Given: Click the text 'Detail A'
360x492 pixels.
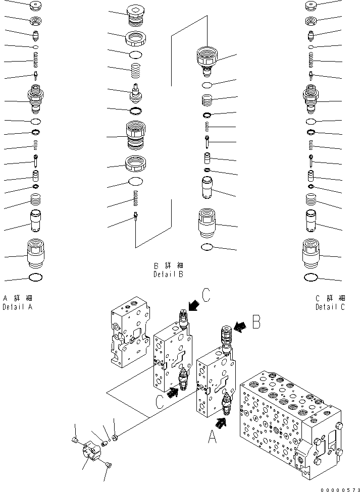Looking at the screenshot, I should point(17,307).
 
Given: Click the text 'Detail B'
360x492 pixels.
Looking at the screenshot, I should point(168,275).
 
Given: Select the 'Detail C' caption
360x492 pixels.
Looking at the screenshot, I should point(330,307).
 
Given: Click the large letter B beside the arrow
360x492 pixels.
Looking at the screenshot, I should point(257,321).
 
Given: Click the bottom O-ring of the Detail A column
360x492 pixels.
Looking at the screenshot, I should point(36,277).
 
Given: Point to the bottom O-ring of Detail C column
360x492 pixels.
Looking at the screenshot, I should point(312,277).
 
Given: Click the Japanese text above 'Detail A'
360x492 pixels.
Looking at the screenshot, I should point(17,298).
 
